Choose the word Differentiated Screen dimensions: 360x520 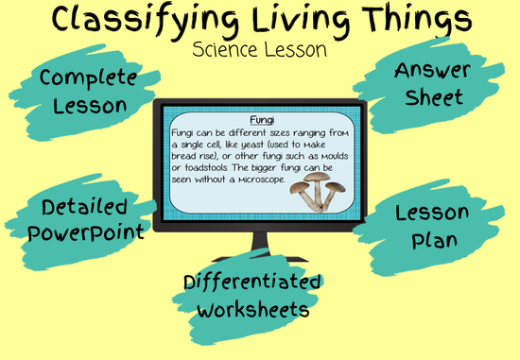tap(252, 283)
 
